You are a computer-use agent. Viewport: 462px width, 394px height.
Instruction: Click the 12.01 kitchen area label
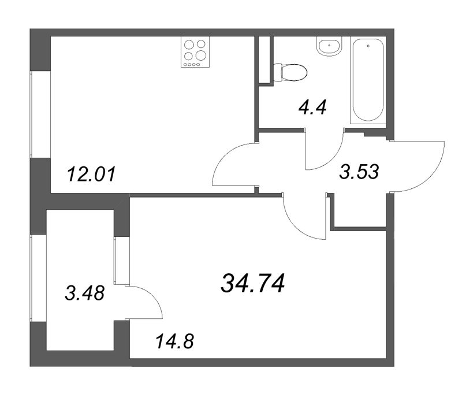tap(91, 174)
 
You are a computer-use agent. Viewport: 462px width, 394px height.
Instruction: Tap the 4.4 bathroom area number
tap(312, 107)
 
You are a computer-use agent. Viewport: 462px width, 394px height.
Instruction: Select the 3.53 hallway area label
tap(359, 172)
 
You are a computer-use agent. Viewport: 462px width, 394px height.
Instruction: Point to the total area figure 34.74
tap(253, 283)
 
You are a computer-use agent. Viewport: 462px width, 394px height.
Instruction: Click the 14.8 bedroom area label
tap(174, 341)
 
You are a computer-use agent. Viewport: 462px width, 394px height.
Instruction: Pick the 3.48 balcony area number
tap(84, 293)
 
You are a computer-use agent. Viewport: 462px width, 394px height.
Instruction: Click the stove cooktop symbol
tap(195, 52)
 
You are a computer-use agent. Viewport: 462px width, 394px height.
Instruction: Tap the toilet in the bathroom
tap(290, 72)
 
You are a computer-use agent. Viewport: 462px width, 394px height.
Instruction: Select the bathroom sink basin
tap(329, 46)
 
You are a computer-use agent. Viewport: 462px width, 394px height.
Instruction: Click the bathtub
tap(368, 80)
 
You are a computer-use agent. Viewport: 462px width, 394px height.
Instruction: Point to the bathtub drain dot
tap(368, 46)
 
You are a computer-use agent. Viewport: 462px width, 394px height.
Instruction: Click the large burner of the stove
tap(201, 55)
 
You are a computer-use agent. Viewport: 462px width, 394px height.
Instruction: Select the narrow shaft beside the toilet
tap(264, 60)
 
